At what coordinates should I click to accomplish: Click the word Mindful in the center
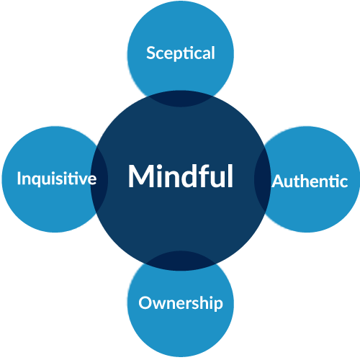181,176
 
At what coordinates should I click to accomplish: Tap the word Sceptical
181,53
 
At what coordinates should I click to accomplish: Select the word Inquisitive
57,179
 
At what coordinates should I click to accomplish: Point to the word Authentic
310,181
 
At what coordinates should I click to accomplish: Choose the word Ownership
181,303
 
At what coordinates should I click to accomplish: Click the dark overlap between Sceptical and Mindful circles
181,99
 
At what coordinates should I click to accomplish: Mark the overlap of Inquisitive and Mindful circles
99,179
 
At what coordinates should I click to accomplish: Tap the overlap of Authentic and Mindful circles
262,179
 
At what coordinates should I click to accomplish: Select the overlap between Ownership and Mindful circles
181,261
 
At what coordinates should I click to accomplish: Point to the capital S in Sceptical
151,53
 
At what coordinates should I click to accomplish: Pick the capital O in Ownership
145,302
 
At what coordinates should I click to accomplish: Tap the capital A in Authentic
279,181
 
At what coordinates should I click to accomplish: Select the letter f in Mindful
207,175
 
